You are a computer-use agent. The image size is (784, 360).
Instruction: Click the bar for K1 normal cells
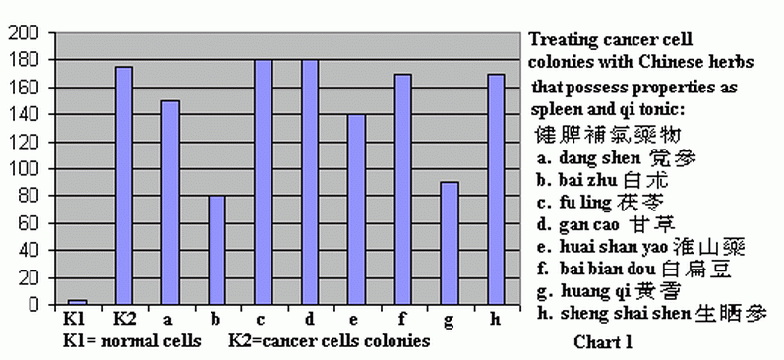(x=77, y=302)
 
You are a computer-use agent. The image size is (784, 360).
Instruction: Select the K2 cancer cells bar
(x=124, y=186)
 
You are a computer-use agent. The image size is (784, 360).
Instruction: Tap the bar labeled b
(x=216, y=250)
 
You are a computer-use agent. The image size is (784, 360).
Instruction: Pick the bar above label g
(x=450, y=243)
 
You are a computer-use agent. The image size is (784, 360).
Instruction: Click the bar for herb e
(x=356, y=210)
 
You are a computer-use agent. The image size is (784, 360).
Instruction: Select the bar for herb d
(x=310, y=182)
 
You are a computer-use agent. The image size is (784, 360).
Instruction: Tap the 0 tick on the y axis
(x=33, y=305)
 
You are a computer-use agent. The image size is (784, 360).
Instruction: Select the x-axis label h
(x=495, y=319)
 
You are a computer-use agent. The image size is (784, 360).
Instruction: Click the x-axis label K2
(x=125, y=319)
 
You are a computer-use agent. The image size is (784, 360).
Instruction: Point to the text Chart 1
(x=603, y=342)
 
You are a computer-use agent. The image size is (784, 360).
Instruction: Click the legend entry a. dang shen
(x=617, y=158)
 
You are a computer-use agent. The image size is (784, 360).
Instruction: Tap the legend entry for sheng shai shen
(x=652, y=314)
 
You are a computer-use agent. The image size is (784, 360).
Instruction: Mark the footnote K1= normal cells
(x=132, y=341)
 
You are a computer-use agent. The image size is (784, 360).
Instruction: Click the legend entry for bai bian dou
(x=634, y=269)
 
